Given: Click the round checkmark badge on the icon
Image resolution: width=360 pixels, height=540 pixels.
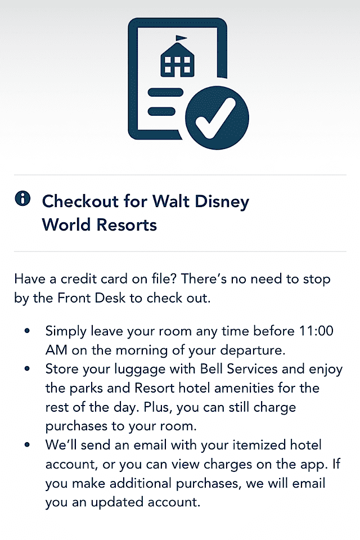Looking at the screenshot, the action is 217,118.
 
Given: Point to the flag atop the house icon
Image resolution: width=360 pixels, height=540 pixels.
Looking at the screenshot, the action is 181,38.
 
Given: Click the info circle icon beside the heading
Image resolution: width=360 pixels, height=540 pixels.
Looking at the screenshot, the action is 22,199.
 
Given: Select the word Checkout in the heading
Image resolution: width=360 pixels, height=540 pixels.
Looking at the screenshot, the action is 80,201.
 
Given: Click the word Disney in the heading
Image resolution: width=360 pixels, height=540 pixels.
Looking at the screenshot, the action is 222,202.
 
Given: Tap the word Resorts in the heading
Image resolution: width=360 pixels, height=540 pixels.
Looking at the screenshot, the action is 127,225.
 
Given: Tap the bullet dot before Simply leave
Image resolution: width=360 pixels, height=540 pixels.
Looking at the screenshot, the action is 27,331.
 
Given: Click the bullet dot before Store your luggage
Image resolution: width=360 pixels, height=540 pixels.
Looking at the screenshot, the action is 27,369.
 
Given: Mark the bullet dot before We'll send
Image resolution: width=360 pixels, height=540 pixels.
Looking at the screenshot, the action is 27,445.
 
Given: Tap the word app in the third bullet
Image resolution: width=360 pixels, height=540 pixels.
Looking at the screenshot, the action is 313,465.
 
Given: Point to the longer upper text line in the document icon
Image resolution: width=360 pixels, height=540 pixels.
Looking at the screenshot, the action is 165,92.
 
